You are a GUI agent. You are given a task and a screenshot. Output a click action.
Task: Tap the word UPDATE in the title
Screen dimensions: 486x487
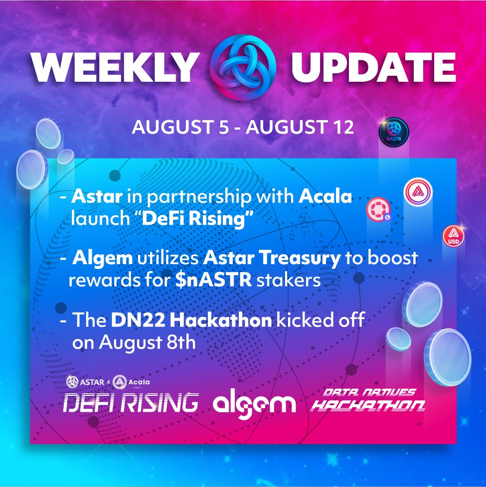point(373,67)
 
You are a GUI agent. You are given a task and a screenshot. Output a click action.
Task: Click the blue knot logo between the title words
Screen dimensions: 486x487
point(243,67)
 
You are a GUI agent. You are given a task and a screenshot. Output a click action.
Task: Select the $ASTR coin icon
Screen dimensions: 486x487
point(394,132)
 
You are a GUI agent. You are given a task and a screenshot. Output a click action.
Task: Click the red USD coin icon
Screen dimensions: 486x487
point(454,236)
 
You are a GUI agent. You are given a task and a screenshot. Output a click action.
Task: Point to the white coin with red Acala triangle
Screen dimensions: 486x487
point(418,192)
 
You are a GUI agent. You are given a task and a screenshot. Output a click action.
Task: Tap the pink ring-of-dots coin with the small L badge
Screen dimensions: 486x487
point(378,210)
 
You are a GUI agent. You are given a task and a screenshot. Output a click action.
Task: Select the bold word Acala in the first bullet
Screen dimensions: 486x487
point(325,196)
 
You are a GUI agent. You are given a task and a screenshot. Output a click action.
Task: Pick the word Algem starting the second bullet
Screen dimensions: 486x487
point(103,259)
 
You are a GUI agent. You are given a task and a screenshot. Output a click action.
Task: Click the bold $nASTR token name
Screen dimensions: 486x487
point(213,280)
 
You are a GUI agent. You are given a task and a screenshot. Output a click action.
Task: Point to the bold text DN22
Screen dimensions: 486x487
point(138,320)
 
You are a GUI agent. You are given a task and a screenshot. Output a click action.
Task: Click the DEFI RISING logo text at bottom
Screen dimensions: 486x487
point(131,403)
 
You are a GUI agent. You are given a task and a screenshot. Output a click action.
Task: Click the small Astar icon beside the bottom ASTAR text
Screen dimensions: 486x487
point(72,382)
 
